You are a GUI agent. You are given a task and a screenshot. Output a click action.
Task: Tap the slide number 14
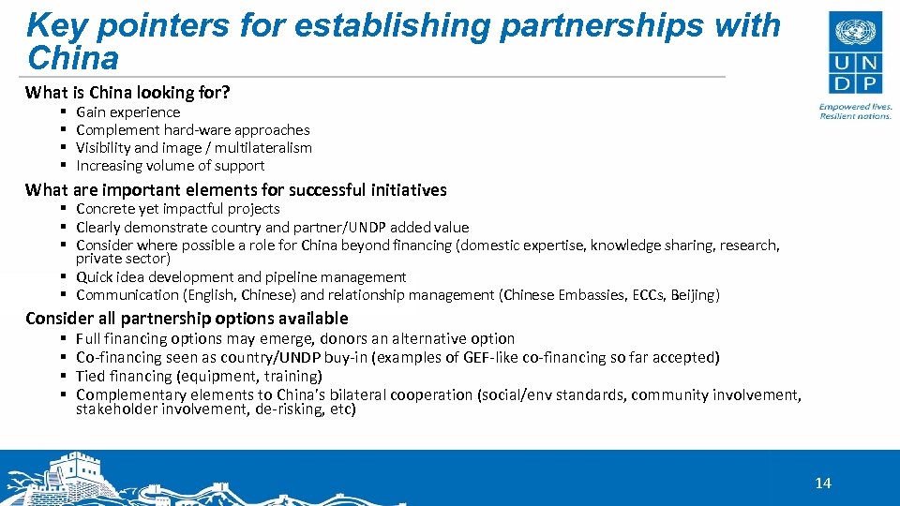pyautogui.click(x=823, y=484)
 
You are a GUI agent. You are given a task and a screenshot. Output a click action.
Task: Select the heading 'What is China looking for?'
pyautogui.click(x=128, y=92)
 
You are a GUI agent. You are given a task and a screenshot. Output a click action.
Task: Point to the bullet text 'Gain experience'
pyautogui.click(x=127, y=112)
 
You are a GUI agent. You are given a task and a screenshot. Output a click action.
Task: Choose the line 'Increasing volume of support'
pyautogui.click(x=171, y=166)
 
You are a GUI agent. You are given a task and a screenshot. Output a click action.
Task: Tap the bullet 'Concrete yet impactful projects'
pyautogui.click(x=178, y=209)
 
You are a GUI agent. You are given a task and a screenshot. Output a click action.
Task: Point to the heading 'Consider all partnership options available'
pyautogui.click(x=187, y=319)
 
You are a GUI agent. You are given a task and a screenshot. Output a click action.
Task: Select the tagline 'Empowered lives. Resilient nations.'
pyautogui.click(x=854, y=112)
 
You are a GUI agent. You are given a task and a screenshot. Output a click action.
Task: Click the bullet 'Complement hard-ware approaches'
pyautogui.click(x=192, y=130)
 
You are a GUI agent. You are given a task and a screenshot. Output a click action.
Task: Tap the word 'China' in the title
pyautogui.click(x=74, y=58)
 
